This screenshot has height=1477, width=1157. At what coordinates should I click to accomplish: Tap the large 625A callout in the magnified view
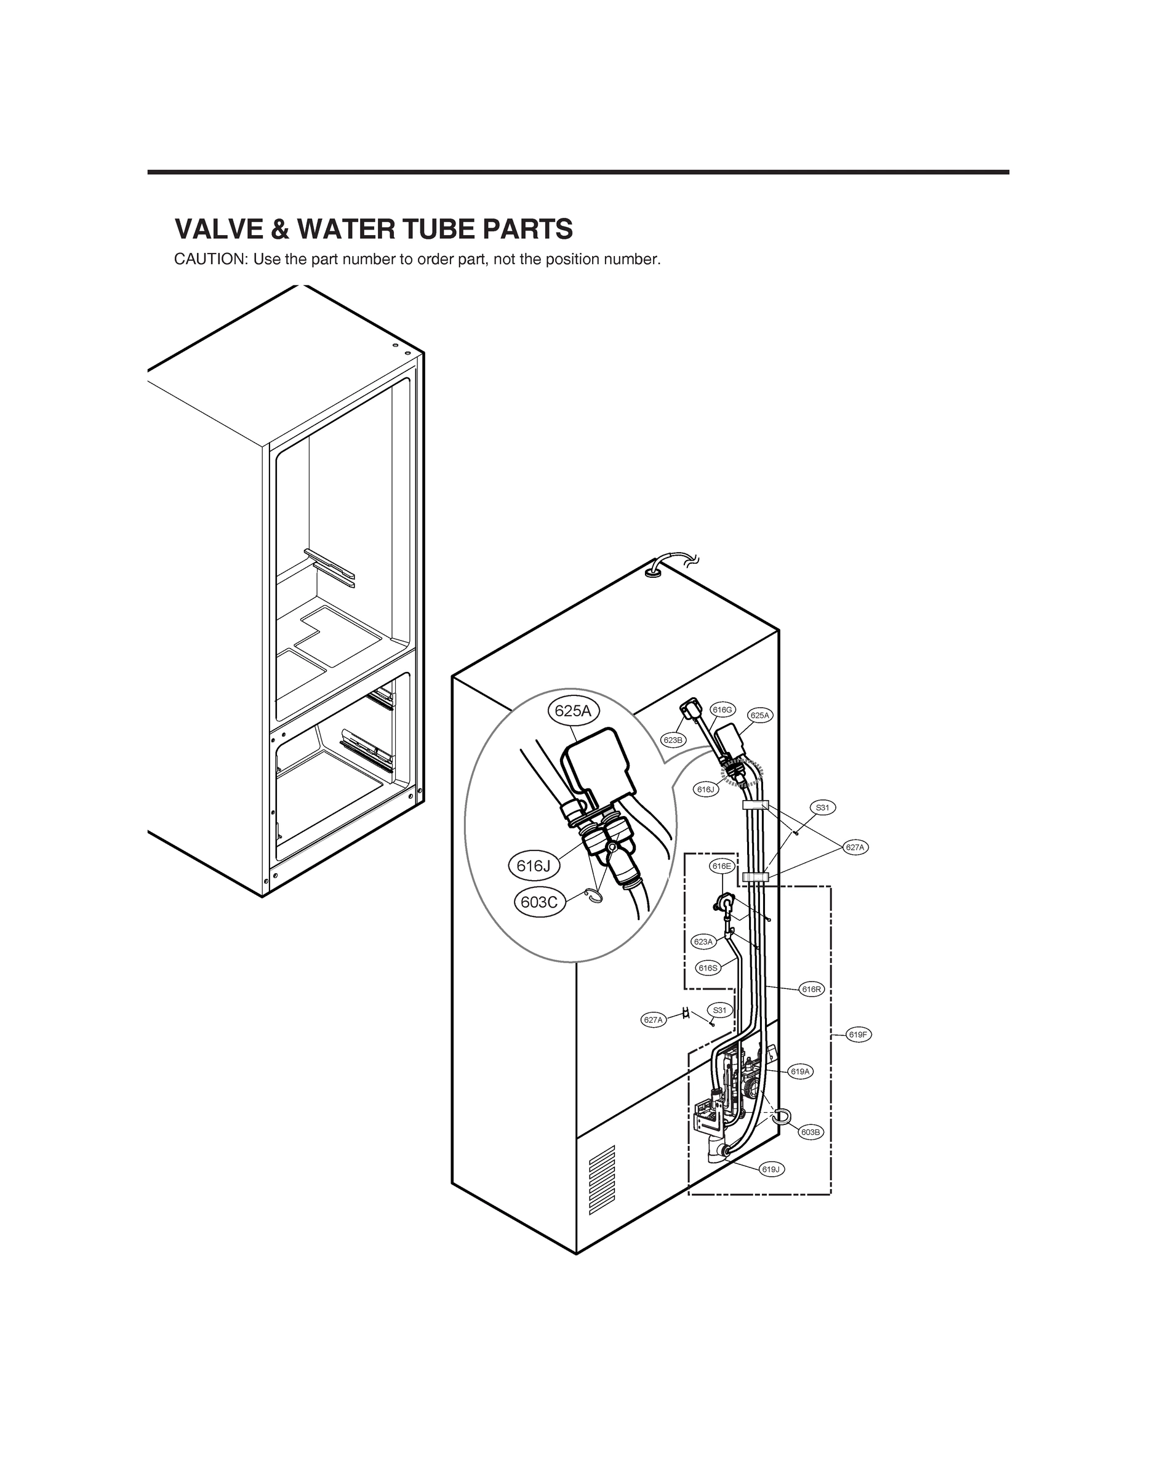573,710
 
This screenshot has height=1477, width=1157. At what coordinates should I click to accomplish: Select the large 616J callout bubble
534,865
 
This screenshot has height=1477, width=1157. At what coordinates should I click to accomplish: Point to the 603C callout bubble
539,903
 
